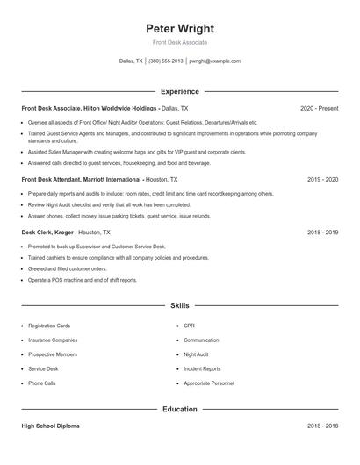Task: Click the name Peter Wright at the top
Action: click(x=179, y=28)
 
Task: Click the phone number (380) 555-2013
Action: click(x=166, y=61)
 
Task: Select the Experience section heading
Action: click(x=179, y=91)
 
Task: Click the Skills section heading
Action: click(x=179, y=305)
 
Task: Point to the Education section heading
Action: click(x=179, y=409)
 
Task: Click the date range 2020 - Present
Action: click(x=319, y=108)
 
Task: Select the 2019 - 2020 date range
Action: click(x=322, y=178)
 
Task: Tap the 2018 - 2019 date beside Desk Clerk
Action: click(x=322, y=232)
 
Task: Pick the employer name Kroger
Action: click(x=63, y=232)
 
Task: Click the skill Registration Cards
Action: click(x=49, y=325)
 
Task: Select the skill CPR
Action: click(x=189, y=325)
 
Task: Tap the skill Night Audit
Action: click(x=196, y=354)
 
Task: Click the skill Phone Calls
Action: click(x=41, y=383)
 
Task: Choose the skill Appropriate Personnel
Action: click(x=209, y=383)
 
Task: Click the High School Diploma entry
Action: click(x=51, y=426)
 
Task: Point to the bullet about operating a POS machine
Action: click(x=83, y=280)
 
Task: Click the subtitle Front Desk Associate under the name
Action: click(x=179, y=43)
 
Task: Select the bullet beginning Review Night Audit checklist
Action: click(x=109, y=204)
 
